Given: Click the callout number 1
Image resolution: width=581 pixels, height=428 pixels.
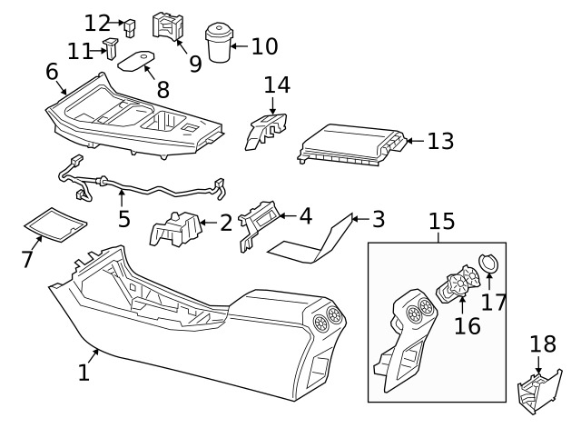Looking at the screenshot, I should (x=84, y=372).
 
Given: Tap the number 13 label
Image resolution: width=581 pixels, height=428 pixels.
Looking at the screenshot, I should (x=440, y=142).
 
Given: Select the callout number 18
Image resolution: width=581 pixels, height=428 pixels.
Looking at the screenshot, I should (x=543, y=344).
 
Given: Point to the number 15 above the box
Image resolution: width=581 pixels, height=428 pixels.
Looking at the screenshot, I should (x=441, y=221).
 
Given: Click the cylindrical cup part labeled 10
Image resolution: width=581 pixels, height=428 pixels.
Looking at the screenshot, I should (x=218, y=43).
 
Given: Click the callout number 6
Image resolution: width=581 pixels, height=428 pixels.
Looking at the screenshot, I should (x=52, y=72).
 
